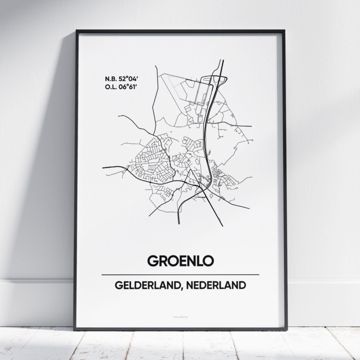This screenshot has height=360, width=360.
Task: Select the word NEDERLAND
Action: point(216,285)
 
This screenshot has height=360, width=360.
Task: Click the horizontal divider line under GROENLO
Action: point(180,274)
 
